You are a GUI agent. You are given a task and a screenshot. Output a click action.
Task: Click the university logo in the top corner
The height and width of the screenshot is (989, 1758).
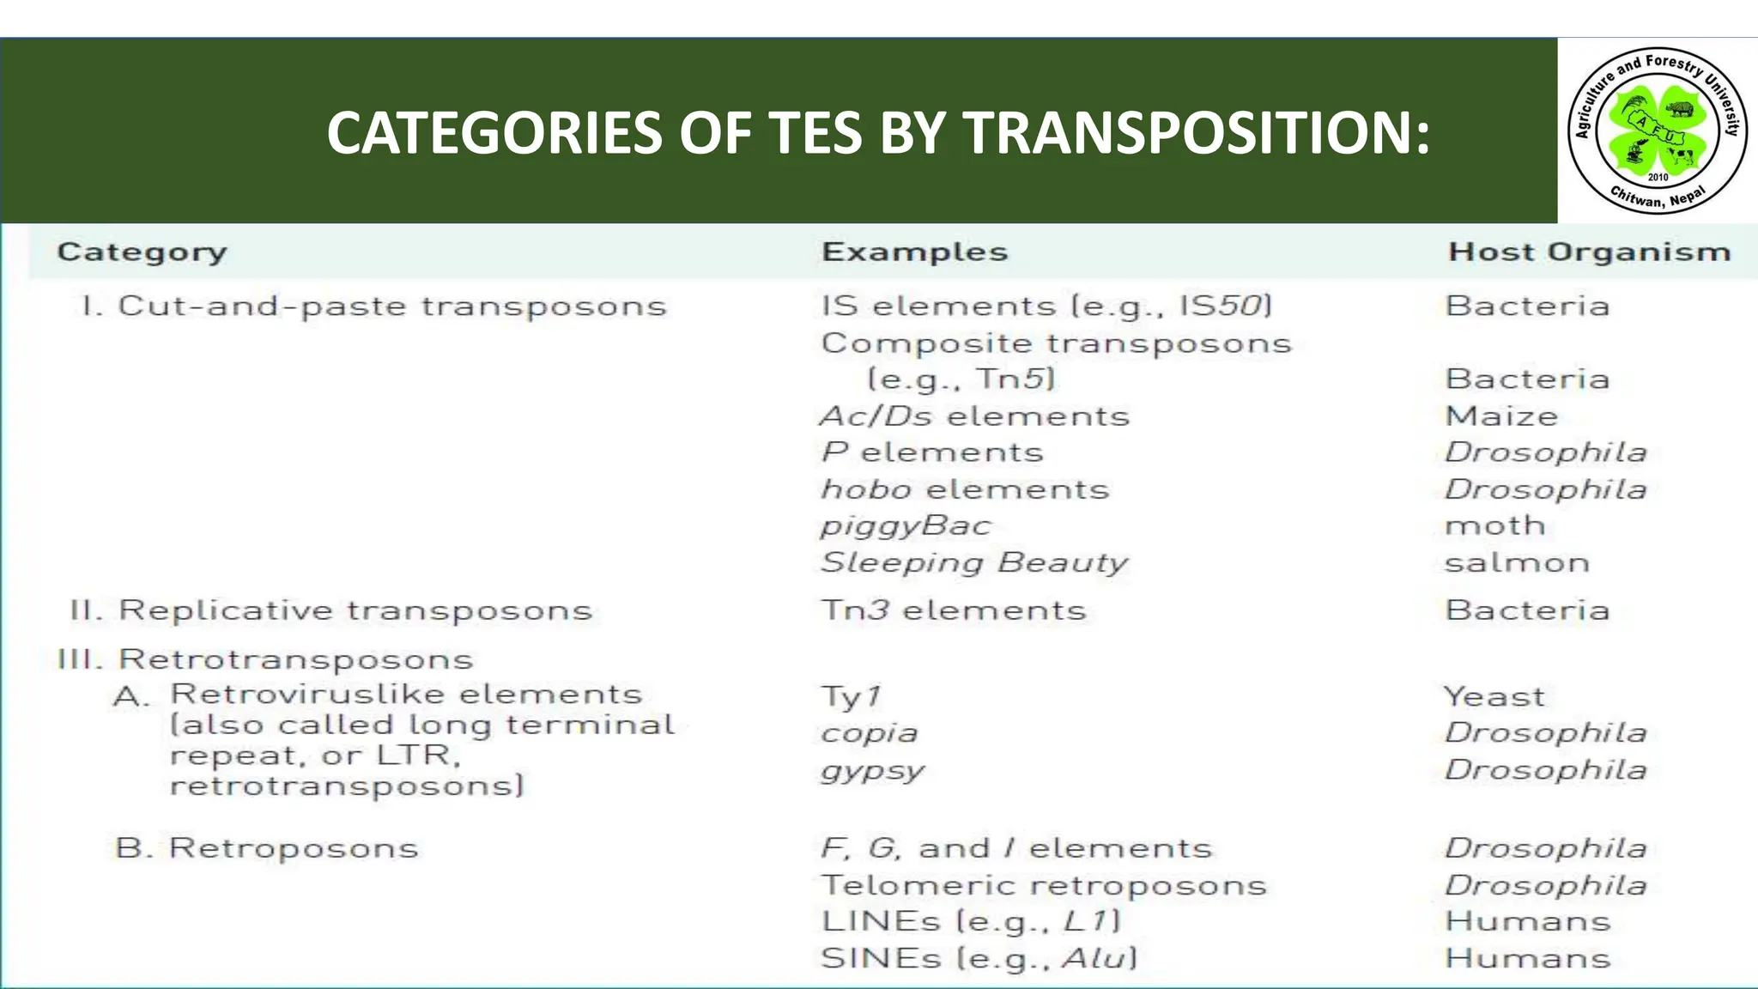[x=1657, y=130]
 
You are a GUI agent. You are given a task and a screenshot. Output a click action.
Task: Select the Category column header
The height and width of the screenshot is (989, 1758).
[x=142, y=252]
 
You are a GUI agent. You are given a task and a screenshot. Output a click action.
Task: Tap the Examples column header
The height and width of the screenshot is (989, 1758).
[x=914, y=252]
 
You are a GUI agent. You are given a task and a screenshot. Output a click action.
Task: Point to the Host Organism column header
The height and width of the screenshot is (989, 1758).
[x=1589, y=252]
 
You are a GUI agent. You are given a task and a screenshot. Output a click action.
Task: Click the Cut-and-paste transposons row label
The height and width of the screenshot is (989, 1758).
[x=374, y=306]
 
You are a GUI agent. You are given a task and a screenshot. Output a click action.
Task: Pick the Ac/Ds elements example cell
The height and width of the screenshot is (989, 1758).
[x=974, y=416]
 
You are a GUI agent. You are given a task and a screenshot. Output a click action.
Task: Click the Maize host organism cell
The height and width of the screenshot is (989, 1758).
[x=1501, y=416]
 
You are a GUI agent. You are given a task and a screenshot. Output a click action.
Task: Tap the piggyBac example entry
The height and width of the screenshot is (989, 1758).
[x=906, y=526]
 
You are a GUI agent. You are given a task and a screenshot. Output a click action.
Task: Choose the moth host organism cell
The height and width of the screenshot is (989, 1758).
[x=1495, y=525]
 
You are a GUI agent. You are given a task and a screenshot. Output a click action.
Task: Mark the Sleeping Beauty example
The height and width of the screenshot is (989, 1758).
[x=974, y=563]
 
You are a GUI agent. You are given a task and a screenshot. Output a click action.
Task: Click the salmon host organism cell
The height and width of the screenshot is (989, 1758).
[x=1517, y=563]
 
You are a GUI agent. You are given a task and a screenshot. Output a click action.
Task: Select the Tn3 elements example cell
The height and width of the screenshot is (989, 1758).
[x=953, y=610]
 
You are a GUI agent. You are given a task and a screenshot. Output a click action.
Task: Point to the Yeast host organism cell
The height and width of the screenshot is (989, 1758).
[x=1494, y=696]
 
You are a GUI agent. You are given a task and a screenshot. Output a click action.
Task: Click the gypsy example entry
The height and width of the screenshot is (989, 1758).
[x=873, y=770]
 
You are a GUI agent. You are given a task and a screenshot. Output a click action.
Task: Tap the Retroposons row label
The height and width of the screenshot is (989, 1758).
[x=267, y=848]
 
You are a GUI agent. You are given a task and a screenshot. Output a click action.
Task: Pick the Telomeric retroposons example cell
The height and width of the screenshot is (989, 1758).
[x=1043, y=885]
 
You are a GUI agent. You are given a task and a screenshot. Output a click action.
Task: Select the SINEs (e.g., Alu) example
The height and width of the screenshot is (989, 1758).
[x=979, y=958]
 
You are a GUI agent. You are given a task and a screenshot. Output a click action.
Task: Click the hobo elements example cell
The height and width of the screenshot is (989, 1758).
[x=965, y=489]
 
